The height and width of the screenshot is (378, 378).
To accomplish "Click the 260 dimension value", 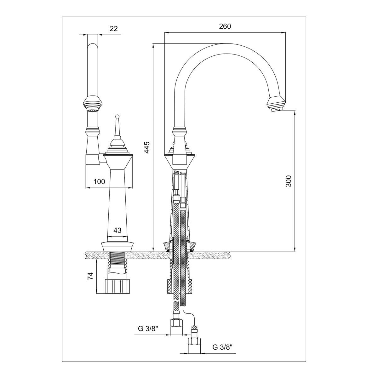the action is [x=225, y=26].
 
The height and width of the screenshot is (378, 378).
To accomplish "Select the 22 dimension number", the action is [x=114, y=29].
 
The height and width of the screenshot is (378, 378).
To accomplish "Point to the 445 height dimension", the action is [x=147, y=147].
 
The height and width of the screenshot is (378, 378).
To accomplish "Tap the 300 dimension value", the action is [x=289, y=181].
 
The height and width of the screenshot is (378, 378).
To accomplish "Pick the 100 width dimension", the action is [x=99, y=182].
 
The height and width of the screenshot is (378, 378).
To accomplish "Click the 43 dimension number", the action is [x=117, y=230].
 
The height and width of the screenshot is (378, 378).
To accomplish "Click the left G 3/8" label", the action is [x=148, y=329].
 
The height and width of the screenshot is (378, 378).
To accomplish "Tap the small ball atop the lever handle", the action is [x=117, y=116].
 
